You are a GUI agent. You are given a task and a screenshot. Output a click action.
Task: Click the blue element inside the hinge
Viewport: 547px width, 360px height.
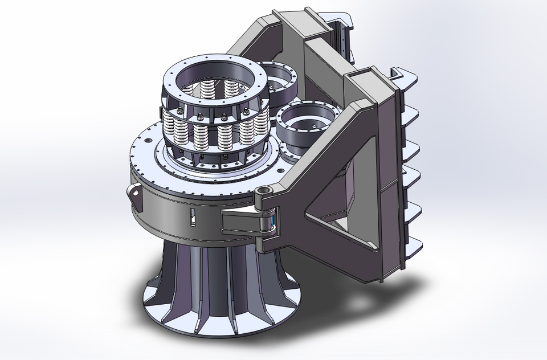(275, 222)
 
